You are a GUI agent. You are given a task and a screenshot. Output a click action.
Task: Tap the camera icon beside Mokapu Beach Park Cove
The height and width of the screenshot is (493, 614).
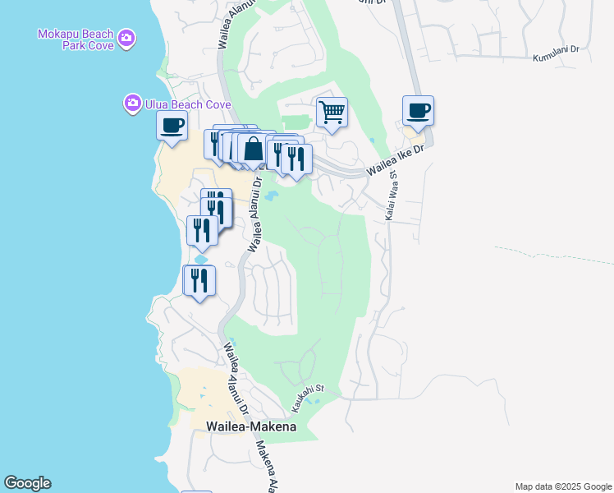click(x=126, y=38)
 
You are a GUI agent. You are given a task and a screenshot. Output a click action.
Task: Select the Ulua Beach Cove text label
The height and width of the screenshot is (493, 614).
click(x=177, y=104)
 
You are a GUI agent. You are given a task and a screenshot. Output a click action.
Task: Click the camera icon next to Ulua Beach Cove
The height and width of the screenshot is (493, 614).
click(x=132, y=104)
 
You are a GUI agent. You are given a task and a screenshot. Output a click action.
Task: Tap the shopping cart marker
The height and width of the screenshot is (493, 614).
click(x=332, y=112)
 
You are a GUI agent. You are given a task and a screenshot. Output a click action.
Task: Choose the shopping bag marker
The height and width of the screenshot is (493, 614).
click(x=254, y=150)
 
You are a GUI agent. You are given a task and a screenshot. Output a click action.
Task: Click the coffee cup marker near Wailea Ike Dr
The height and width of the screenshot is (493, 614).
click(x=418, y=110)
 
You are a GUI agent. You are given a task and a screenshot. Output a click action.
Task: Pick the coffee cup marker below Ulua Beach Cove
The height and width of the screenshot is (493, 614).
click(x=172, y=126)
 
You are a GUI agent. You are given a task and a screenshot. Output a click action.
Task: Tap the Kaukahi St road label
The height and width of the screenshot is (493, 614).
click(x=309, y=396)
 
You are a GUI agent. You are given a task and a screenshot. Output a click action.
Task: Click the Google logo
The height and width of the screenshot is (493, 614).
click(x=27, y=483)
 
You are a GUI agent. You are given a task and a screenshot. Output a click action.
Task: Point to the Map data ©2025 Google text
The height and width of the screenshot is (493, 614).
click(x=562, y=486)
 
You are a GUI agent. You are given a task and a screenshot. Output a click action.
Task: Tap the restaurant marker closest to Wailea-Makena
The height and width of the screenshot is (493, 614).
click(x=199, y=281)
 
